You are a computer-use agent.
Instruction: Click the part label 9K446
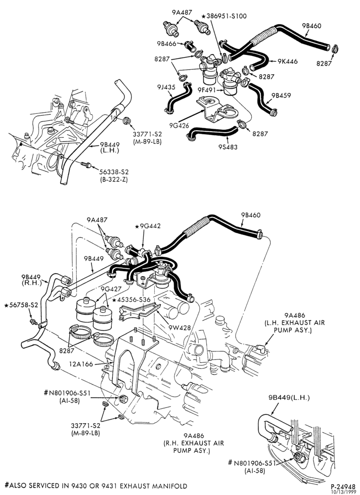click(x=287, y=61)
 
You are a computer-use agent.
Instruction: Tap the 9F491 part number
click(x=207, y=90)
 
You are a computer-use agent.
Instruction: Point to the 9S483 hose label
click(x=227, y=147)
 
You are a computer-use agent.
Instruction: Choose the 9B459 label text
click(x=281, y=96)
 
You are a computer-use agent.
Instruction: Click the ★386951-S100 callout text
click(x=224, y=16)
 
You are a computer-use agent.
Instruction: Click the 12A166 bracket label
click(x=81, y=364)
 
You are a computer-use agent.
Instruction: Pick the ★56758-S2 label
click(x=21, y=305)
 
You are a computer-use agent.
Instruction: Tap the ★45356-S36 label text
click(x=132, y=299)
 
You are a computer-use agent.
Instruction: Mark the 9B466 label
click(x=167, y=43)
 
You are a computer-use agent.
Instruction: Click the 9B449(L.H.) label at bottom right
click(x=289, y=397)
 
